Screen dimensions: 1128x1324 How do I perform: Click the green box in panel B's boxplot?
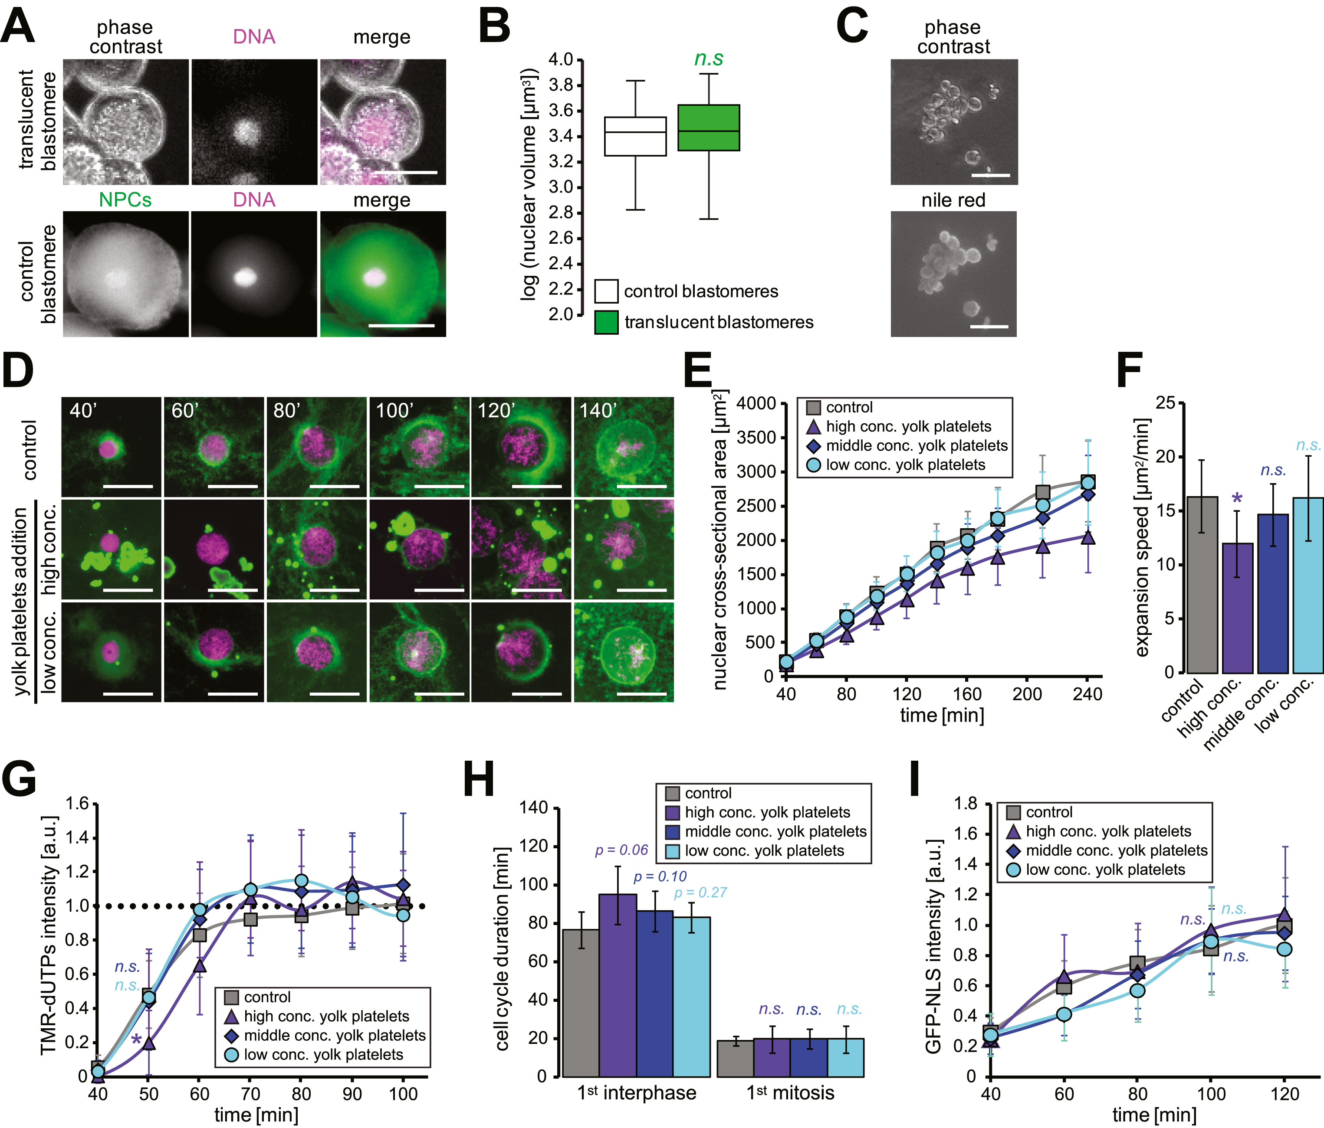tap(708, 128)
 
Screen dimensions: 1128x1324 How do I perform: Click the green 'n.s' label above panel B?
tap(709, 59)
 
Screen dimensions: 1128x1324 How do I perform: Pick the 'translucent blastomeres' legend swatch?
tap(606, 322)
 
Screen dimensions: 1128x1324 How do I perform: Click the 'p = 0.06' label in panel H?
tap(621, 850)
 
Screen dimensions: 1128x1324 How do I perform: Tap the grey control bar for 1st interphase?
tap(581, 1003)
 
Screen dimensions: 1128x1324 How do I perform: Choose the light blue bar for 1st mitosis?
tap(845, 1057)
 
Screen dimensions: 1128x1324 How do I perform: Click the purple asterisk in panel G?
tap(136, 1040)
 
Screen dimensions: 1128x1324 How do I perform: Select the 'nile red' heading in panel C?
tap(953, 200)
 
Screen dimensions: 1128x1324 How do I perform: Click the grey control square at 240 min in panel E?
tap(1087, 482)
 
